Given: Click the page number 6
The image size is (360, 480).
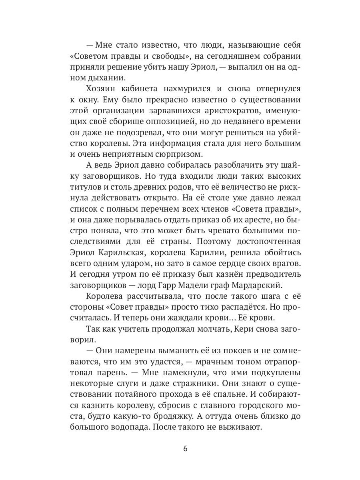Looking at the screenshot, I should (x=185, y=448).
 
